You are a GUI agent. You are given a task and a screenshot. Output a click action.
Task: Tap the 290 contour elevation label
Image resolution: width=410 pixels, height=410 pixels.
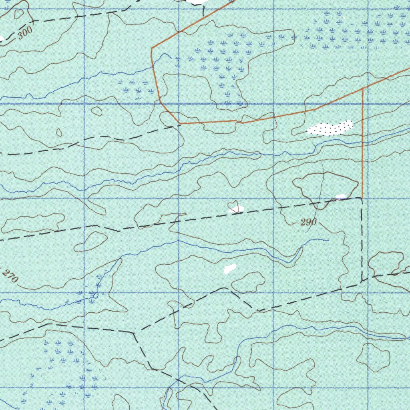coord(308,222)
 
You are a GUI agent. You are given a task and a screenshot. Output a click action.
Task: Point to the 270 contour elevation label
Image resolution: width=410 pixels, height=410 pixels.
coord(9,275)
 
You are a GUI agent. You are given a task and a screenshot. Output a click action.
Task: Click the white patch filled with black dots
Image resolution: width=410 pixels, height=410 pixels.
coord(330,128)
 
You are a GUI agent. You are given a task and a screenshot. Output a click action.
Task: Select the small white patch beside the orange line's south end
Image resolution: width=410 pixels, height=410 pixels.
coord(341,197)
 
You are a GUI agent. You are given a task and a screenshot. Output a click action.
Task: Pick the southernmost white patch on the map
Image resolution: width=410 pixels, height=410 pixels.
coord(229,269)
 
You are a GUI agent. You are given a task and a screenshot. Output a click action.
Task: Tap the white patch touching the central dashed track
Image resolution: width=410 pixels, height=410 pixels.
coord(235,209)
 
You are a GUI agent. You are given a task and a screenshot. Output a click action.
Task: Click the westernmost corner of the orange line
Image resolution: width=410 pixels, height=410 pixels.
coord(152,48)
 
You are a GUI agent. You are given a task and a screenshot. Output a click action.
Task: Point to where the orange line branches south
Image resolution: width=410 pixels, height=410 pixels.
coord(363,88)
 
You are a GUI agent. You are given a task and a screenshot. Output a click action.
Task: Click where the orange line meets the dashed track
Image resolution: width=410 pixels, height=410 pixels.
coord(362,197)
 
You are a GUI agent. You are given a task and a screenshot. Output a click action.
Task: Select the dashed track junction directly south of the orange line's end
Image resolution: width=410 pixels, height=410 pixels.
coord(362,281)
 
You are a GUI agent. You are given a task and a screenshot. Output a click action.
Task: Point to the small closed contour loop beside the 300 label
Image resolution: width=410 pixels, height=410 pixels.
coord(19,14)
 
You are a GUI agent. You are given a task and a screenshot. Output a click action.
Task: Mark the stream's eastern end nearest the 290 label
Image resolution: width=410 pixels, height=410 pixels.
coord(328,240)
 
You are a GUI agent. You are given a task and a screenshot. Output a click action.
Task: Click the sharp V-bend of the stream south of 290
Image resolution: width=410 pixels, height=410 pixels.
coord(301,249)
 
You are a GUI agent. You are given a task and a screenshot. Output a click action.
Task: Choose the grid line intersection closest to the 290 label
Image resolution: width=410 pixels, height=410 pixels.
coord(273,198)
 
